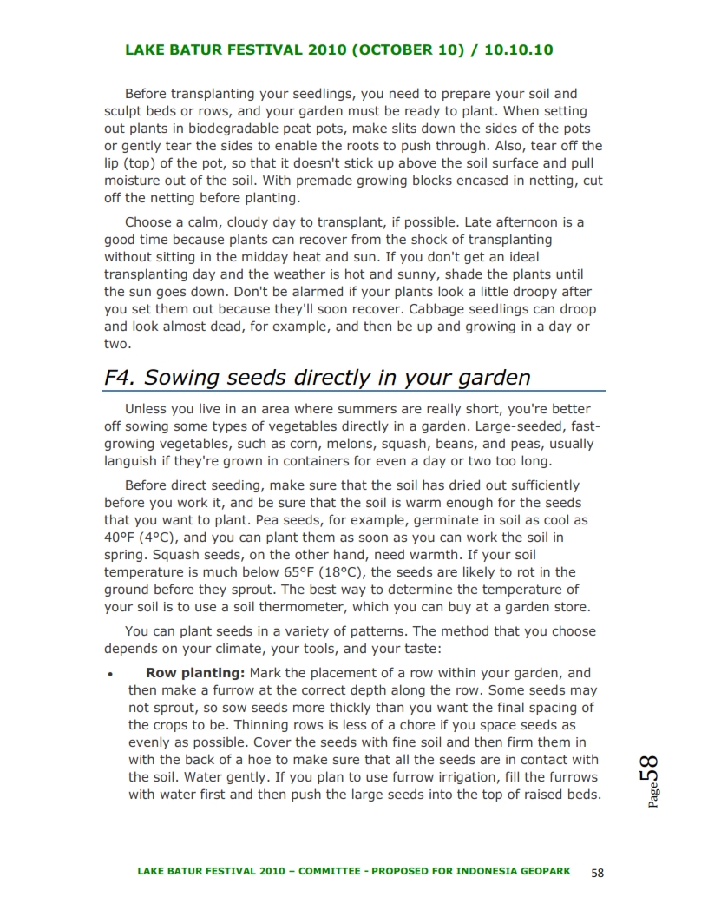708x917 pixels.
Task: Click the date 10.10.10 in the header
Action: click(x=519, y=49)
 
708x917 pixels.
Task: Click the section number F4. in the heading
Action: click(x=120, y=378)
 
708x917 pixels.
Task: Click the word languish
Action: click(x=131, y=461)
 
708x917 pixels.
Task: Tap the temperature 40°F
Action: click(x=121, y=538)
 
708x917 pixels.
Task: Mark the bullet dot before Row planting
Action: click(x=108, y=674)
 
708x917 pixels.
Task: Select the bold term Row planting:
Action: click(x=196, y=673)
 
